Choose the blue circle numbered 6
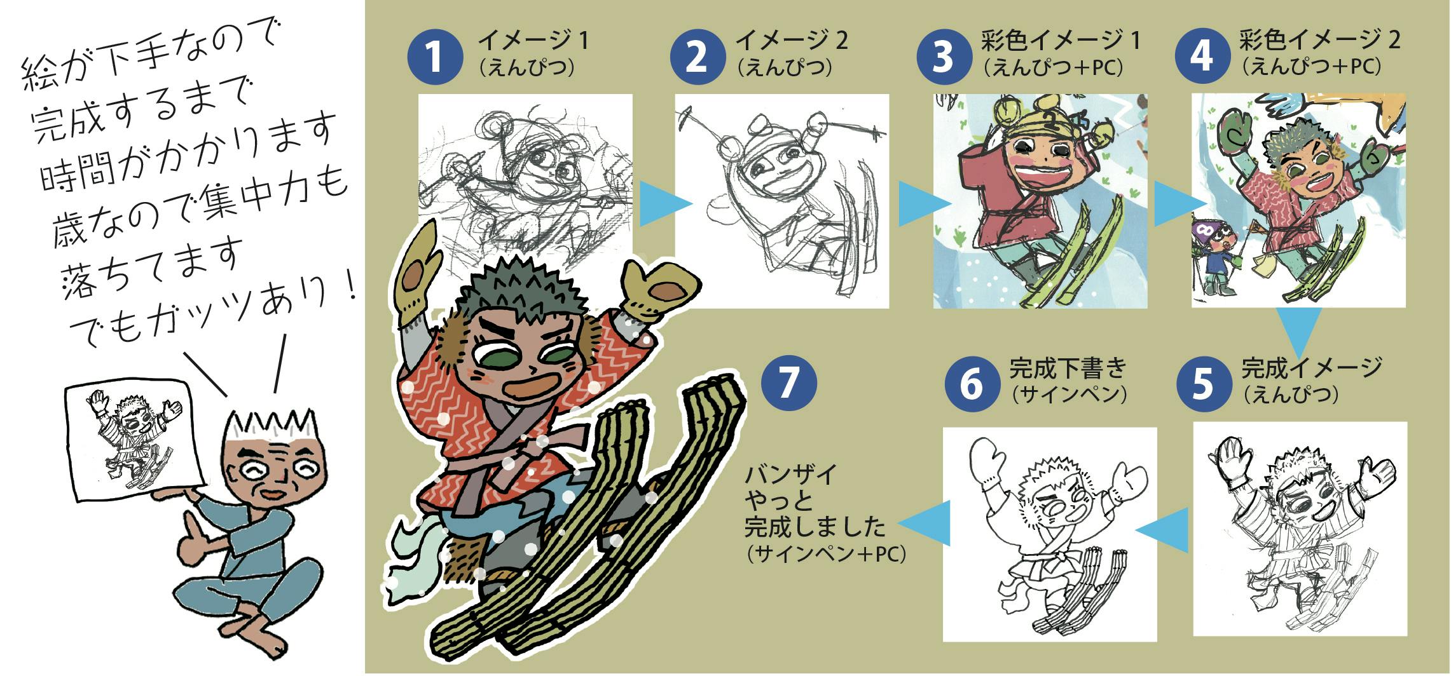(972, 384)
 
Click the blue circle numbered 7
(788, 382)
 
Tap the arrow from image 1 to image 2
(664, 203)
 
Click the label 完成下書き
(1068, 368)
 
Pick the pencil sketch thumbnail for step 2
(782, 201)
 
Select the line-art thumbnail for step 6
(1050, 534)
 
